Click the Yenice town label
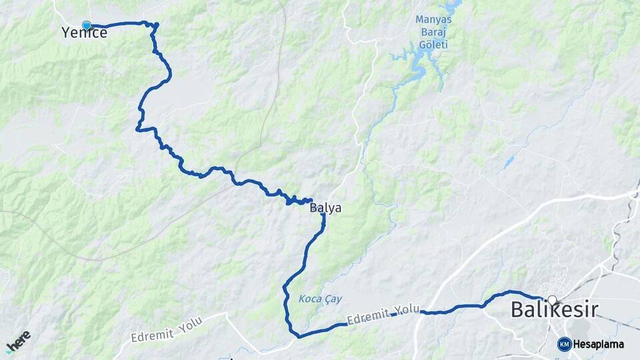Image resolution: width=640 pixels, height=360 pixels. pyautogui.click(x=84, y=33)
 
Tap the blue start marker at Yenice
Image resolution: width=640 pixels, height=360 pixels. pyautogui.click(x=86, y=25)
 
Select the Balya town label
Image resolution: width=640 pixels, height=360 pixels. pyautogui.click(x=325, y=208)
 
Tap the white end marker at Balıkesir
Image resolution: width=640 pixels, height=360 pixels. pyautogui.click(x=551, y=301)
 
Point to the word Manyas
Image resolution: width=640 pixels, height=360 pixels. pyautogui.click(x=433, y=19)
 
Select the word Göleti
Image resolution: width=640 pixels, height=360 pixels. pyautogui.click(x=433, y=45)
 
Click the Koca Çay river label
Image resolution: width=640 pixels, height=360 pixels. pyautogui.click(x=320, y=299)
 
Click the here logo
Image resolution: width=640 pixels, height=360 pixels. pyautogui.click(x=18, y=341)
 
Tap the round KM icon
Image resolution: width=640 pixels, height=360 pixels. pyautogui.click(x=564, y=344)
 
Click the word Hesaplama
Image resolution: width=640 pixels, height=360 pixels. pyautogui.click(x=598, y=344)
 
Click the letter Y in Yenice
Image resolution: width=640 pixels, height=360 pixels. pyautogui.click(x=65, y=33)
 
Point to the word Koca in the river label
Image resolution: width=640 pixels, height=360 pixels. pyautogui.click(x=309, y=299)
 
